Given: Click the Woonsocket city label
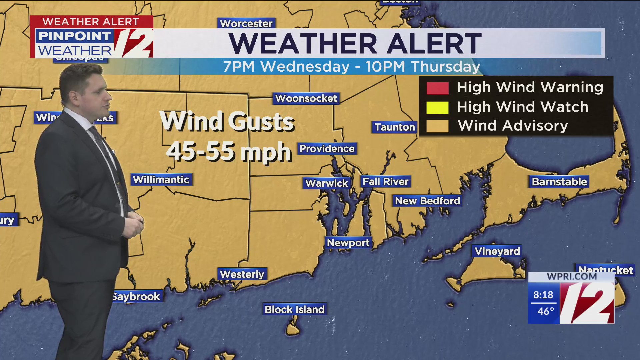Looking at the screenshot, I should click(x=306, y=99).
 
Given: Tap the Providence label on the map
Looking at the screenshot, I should click(x=327, y=149).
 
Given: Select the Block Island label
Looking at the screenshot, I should click(x=294, y=309).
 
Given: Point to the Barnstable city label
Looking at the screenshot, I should click(x=559, y=182).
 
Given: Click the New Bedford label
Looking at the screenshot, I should click(x=427, y=201).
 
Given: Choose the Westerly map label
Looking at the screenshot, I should click(x=242, y=274).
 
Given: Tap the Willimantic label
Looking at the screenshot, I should click(x=161, y=180).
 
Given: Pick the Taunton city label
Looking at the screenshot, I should click(x=395, y=127).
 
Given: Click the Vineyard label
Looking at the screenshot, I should click(x=497, y=251).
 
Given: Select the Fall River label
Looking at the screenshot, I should click(x=385, y=182).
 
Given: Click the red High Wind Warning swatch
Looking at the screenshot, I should click(x=437, y=88).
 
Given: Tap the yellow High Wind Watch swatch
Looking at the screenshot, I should click(x=437, y=107).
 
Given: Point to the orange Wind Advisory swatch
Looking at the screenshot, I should click(x=437, y=126).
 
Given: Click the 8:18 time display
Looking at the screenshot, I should click(x=543, y=295).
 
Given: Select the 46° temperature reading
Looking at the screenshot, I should click(x=545, y=311).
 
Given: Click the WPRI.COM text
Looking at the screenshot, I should click(x=572, y=276).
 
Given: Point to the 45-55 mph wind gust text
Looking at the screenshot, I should click(x=229, y=152).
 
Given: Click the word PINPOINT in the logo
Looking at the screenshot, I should click(x=74, y=36).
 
